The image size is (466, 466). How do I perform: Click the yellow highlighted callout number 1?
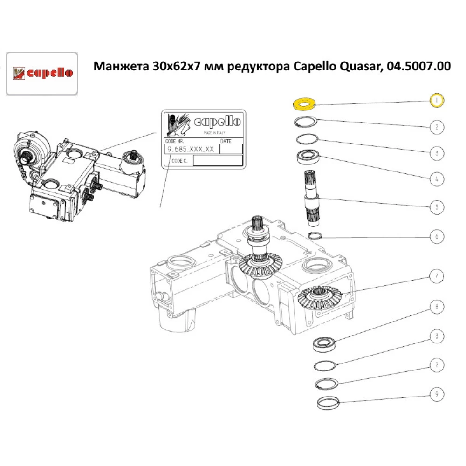click(x=436, y=100)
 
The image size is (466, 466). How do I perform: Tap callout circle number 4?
click(x=436, y=179)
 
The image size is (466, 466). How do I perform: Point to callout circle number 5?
click(x=436, y=207)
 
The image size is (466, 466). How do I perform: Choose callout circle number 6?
click(x=436, y=237)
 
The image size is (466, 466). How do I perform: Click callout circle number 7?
click(x=436, y=277)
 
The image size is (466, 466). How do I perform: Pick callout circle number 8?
click(x=436, y=308)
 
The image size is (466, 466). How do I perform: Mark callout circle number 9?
click(x=436, y=395)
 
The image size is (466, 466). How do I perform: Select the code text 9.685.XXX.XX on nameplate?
click(x=191, y=149)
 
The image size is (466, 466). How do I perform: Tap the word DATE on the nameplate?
click(x=226, y=141)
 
